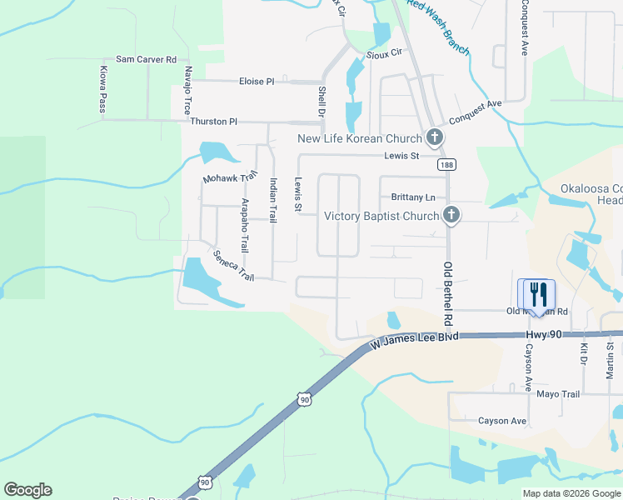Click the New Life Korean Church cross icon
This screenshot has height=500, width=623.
coord(433,137)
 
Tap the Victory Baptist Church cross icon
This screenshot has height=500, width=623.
coord(451,216)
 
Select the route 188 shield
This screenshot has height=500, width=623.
coord(448,164)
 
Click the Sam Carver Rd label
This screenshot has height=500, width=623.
coord(147,59)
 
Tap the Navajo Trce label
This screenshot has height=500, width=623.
coord(188,90)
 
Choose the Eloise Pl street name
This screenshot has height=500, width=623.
coord(257,82)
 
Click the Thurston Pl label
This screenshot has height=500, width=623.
coord(213,121)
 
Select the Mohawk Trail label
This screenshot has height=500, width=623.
coord(231,178)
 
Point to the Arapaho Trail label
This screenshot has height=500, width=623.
coord(244,226)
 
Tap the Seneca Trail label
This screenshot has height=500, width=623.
coord(232,265)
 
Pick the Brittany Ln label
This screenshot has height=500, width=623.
coord(413,197)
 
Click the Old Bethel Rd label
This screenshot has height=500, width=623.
coord(447,293)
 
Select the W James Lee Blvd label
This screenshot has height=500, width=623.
coord(415,339)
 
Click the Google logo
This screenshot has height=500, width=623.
coord(27,490)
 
